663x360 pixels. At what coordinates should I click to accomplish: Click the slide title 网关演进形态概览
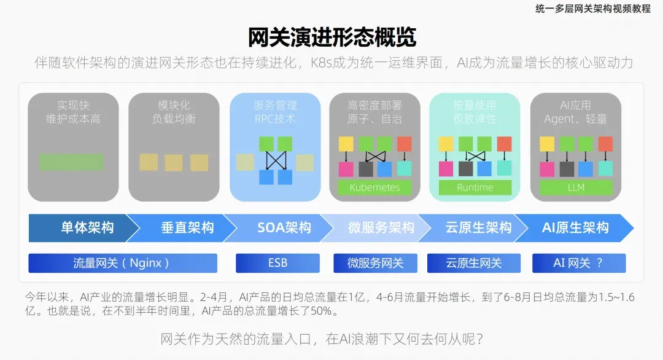(331, 37)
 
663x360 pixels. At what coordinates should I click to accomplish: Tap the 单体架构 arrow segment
(86, 228)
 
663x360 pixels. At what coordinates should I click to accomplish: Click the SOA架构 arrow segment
(284, 228)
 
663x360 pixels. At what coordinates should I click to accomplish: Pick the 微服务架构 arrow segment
(381, 228)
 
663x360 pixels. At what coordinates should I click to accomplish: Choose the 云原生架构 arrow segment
(478, 228)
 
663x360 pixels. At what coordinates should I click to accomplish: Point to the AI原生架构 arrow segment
(575, 228)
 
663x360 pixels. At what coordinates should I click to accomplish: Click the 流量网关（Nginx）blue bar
(122, 263)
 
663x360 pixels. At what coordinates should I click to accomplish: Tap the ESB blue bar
(277, 263)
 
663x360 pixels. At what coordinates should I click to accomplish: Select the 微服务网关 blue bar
(375, 263)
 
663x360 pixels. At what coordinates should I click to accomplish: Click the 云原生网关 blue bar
(474, 263)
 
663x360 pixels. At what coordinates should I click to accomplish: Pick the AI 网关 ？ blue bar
(578, 263)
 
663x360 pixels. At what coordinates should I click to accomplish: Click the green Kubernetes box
(374, 187)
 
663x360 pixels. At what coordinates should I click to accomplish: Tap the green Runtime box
(475, 187)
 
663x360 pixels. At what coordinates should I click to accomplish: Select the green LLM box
(576, 187)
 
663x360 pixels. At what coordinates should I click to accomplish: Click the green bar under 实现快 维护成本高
(71, 162)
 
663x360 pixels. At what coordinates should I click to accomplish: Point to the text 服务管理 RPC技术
(275, 112)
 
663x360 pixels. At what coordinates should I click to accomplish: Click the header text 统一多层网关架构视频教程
(592, 9)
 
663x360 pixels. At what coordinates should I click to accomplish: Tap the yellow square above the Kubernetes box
(346, 144)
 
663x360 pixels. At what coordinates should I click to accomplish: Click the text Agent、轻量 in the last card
(575, 119)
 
